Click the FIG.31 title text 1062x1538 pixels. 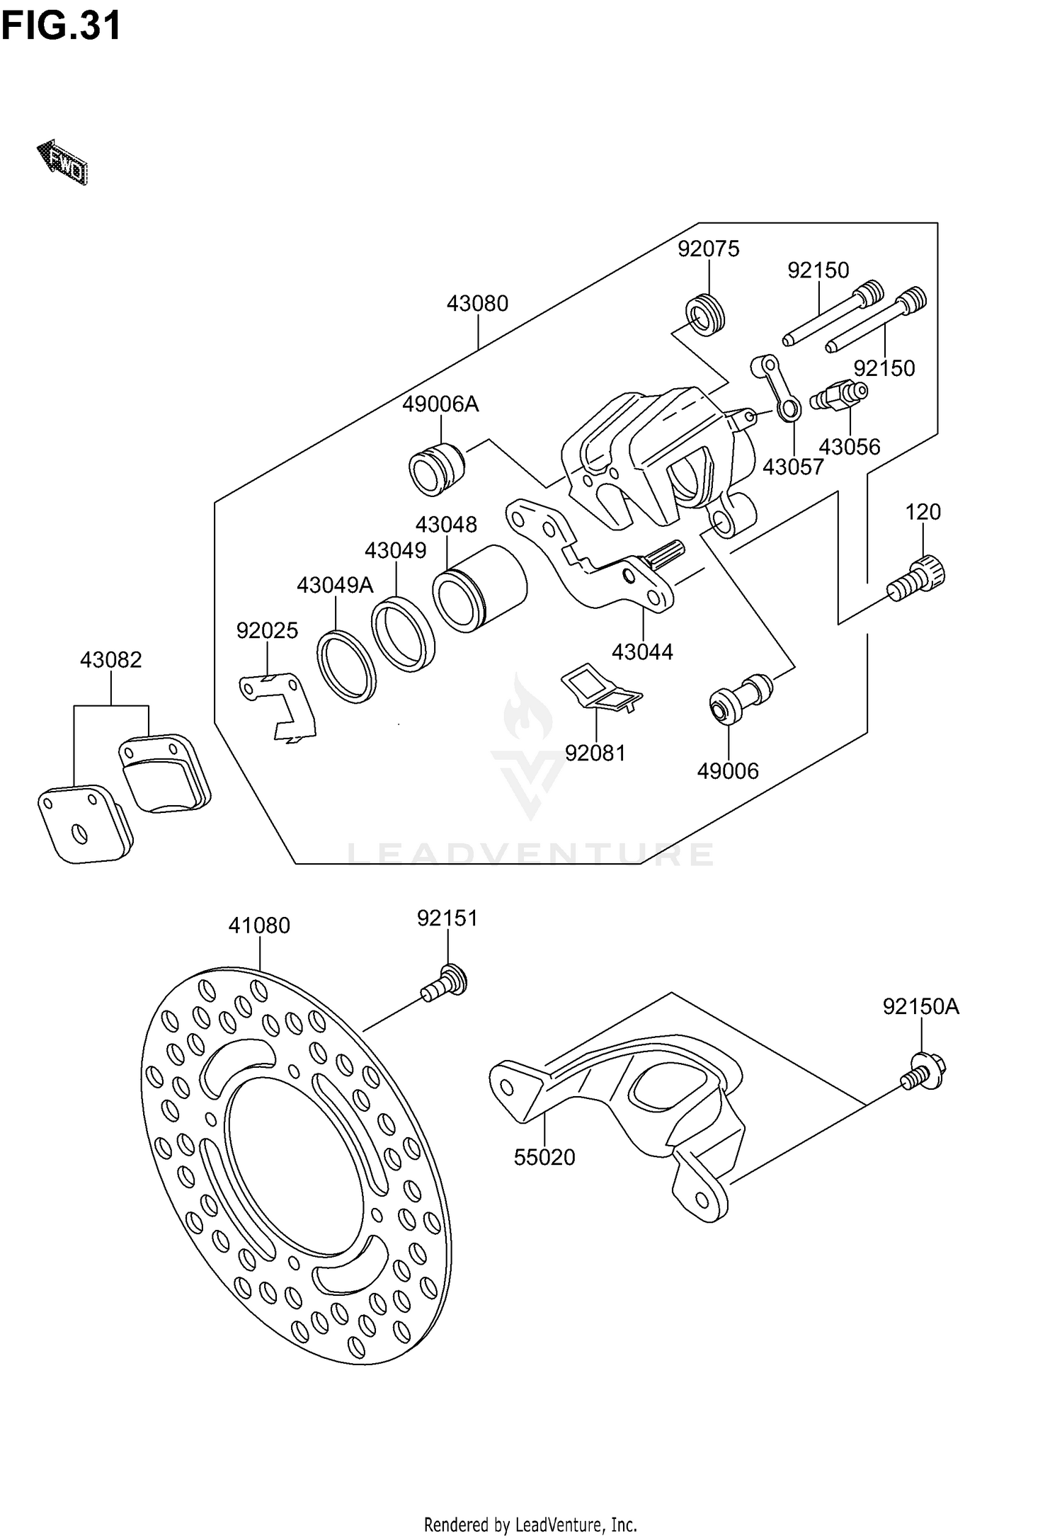(x=62, y=26)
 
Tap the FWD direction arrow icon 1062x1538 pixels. (x=62, y=162)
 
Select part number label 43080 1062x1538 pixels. (x=477, y=304)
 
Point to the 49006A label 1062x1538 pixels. (x=440, y=404)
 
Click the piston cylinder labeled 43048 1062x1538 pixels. (x=480, y=588)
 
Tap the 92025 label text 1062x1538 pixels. (x=267, y=630)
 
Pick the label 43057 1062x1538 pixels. (x=793, y=467)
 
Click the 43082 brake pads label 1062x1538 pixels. (x=111, y=660)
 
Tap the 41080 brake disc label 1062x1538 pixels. (x=259, y=925)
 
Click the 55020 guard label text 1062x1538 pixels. (x=544, y=1158)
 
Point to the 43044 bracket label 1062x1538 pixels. (x=642, y=651)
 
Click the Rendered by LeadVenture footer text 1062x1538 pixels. (x=530, y=1524)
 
